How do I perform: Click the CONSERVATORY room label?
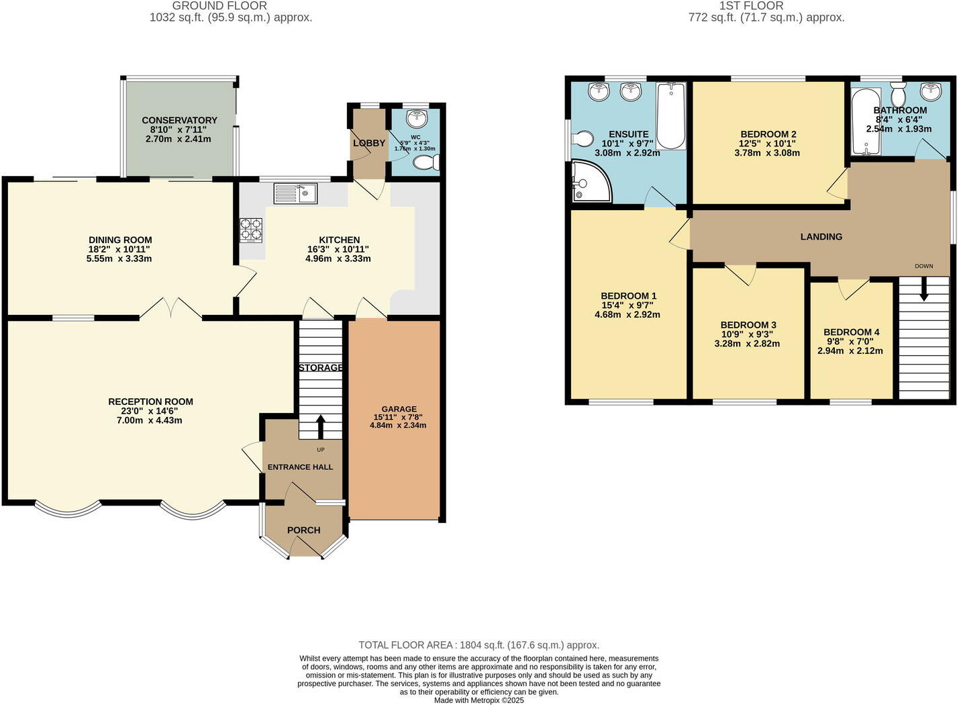[x=179, y=120]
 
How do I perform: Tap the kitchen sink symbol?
[x=295, y=194]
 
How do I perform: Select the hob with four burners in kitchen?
[x=251, y=229]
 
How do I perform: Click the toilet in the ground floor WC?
[x=425, y=162]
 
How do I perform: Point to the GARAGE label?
[x=399, y=409]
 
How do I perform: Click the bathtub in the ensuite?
[x=670, y=115]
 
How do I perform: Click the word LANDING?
[x=821, y=236]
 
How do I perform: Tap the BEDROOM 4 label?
[x=851, y=332]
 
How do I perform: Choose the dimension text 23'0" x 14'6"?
[x=150, y=411]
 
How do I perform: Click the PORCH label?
[x=303, y=530]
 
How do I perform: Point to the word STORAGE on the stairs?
[x=321, y=367]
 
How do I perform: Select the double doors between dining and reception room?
[x=171, y=309]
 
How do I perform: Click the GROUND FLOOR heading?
[x=219, y=6]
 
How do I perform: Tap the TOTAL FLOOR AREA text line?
[x=478, y=645]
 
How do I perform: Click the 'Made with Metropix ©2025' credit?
[x=478, y=700]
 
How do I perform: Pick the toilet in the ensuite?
[x=581, y=139]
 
